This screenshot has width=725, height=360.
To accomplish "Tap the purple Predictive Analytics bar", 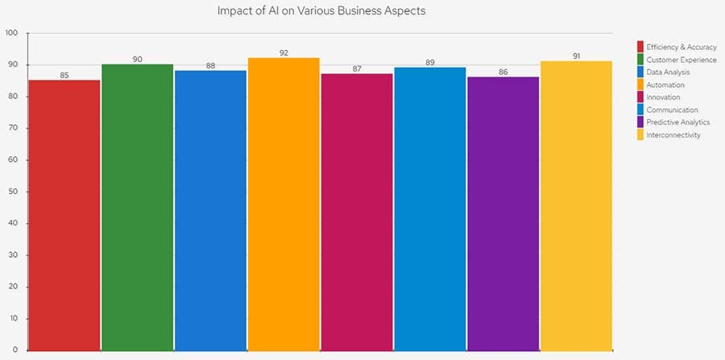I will [x=503, y=213].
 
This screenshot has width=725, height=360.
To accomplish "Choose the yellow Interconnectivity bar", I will [x=576, y=205].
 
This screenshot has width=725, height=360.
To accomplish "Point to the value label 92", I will [x=284, y=52].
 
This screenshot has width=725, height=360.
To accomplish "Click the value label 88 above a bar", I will [x=210, y=65].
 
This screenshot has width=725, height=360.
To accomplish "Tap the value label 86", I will [x=503, y=72].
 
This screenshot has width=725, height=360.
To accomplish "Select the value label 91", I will [x=576, y=56].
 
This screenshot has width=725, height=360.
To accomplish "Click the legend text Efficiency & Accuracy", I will [x=681, y=47].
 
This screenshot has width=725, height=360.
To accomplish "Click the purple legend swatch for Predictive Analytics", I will [x=640, y=122].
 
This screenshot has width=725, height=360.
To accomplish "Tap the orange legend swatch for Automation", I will [x=640, y=85].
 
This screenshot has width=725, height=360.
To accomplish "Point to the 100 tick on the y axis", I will [x=11, y=33].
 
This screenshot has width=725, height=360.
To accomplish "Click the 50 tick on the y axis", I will [x=14, y=192].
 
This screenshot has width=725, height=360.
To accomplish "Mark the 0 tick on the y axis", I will [x=16, y=350].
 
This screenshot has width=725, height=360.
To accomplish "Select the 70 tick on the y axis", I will [x=14, y=128].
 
